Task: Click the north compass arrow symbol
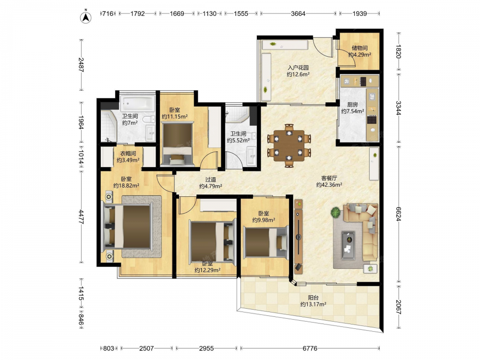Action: [86, 17]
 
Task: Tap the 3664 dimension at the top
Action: [298, 13]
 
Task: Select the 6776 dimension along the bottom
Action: [310, 348]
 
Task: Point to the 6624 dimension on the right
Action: [398, 214]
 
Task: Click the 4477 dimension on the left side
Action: [81, 217]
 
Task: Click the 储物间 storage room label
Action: [360, 48]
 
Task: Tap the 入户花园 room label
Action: [298, 68]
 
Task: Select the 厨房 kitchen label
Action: [352, 105]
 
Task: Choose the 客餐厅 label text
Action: [329, 178]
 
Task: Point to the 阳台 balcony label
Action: [313, 298]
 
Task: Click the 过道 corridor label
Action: [210, 180]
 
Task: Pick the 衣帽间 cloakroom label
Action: [128, 154]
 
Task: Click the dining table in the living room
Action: [289, 146]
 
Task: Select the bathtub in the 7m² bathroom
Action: [137, 104]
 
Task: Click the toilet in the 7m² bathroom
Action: [149, 119]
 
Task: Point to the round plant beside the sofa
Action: [336, 212]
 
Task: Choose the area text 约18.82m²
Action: [126, 185]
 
